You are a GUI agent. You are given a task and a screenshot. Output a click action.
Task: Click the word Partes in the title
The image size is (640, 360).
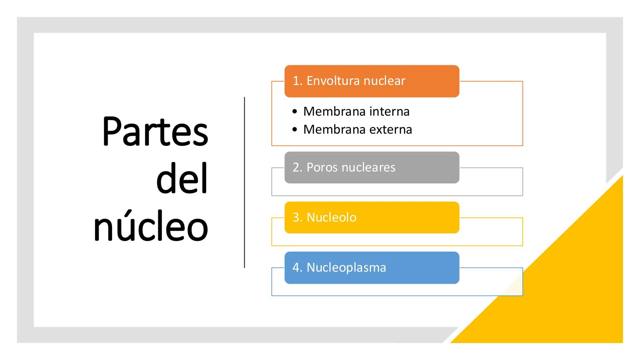click(155, 132)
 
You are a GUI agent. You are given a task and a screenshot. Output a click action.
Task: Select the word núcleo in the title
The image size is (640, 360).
click(151, 227)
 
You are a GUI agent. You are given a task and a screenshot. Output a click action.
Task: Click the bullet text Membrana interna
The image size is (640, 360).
click(356, 111)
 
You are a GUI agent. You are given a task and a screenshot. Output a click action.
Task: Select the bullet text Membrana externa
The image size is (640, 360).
click(357, 129)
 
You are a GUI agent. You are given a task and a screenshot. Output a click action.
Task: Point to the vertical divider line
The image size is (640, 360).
click(244, 182)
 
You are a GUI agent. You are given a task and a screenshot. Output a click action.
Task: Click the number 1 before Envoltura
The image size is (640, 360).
click(295, 81)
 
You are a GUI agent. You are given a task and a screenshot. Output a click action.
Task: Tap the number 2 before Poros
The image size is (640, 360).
click(296, 167)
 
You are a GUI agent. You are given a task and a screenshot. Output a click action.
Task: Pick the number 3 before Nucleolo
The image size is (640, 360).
click(296, 217)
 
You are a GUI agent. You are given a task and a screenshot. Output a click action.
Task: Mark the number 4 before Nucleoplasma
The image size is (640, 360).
click(296, 267)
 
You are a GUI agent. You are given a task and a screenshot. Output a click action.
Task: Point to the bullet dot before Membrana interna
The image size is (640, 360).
click(294, 112)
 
